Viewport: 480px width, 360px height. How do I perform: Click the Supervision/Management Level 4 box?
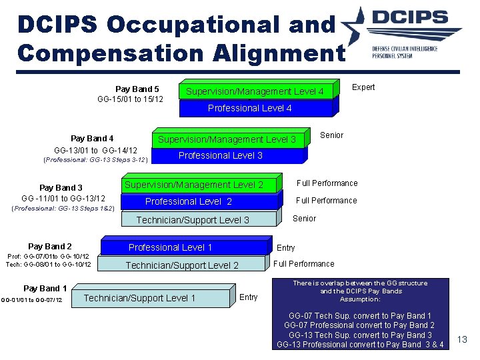click(x=255, y=91)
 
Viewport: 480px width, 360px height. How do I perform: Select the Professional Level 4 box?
click(x=249, y=108)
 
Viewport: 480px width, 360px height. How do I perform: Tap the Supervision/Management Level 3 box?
click(x=227, y=139)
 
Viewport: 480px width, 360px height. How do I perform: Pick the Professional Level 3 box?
click(x=220, y=155)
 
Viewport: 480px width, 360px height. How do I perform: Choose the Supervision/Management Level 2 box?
click(x=194, y=185)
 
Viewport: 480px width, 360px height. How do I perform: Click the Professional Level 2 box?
click(x=189, y=201)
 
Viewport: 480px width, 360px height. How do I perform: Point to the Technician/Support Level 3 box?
click(x=193, y=220)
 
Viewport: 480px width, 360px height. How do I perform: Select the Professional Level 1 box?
click(x=170, y=247)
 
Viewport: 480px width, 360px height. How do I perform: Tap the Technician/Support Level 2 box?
click(x=182, y=265)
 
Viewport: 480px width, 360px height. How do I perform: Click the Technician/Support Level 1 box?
click(x=139, y=298)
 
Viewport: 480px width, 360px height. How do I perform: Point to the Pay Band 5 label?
click(x=137, y=89)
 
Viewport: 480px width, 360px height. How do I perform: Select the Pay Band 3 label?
click(x=61, y=187)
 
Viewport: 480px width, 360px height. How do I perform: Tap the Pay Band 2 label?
click(x=50, y=247)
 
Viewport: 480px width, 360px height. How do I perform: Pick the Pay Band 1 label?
click(x=45, y=288)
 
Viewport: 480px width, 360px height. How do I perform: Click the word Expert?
click(x=363, y=87)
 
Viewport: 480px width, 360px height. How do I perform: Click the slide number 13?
click(x=462, y=341)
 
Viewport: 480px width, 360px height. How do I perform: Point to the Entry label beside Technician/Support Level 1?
click(x=248, y=297)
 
